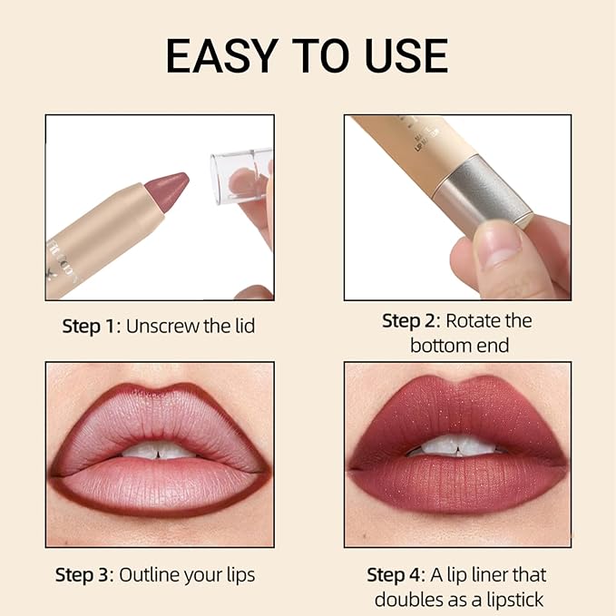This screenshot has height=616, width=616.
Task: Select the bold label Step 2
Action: (x=411, y=321)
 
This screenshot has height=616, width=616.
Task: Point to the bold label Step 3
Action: (x=84, y=574)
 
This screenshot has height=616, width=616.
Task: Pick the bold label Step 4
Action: (x=396, y=574)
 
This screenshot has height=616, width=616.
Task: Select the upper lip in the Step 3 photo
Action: (x=159, y=417)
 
